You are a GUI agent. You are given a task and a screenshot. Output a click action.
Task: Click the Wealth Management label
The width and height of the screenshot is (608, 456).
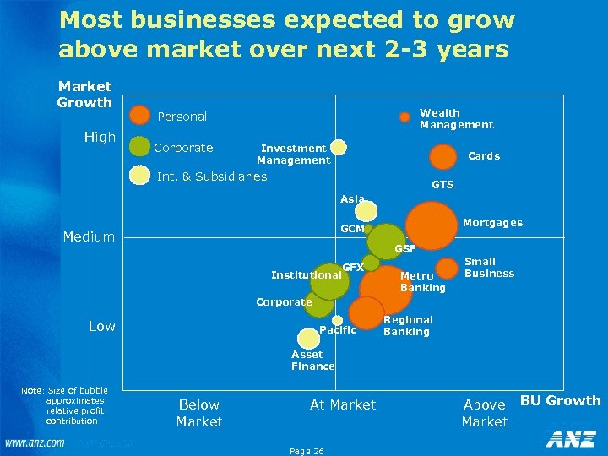(x=456, y=119)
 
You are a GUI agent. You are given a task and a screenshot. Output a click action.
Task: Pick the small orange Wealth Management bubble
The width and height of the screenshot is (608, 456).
(x=404, y=117)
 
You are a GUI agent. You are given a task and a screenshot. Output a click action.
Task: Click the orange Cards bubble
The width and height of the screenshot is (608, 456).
(x=442, y=157)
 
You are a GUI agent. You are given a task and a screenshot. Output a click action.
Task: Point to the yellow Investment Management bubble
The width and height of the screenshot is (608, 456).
(x=339, y=147)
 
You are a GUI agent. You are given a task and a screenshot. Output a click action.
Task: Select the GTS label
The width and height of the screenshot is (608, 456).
(x=442, y=185)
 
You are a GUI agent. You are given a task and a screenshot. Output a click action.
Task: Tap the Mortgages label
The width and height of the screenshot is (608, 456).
(x=492, y=223)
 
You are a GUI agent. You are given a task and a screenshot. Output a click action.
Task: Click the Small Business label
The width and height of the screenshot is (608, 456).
(x=489, y=268)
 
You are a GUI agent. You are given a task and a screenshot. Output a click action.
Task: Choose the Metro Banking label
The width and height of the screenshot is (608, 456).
(x=422, y=282)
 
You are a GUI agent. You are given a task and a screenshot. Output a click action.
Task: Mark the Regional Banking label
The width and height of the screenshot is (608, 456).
(x=408, y=326)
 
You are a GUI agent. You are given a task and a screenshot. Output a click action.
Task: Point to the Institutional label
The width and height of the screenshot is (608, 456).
(x=306, y=274)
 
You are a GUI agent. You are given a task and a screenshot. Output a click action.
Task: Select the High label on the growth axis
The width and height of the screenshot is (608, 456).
(x=100, y=137)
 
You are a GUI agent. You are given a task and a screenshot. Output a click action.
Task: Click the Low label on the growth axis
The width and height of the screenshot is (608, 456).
(x=102, y=326)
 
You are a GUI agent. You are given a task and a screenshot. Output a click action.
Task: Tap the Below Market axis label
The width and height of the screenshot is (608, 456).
(x=199, y=413)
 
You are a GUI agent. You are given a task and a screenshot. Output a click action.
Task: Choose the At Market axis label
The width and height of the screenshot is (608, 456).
(x=343, y=405)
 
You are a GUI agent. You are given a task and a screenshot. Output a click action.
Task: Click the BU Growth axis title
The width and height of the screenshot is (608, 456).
(x=560, y=400)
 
